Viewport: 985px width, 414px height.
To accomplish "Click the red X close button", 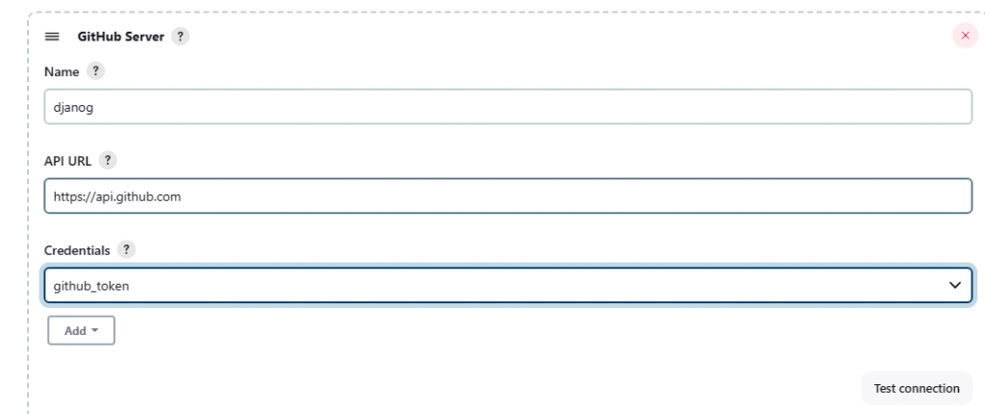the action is tap(965, 36).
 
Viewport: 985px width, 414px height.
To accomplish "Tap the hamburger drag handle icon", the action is tap(52, 37).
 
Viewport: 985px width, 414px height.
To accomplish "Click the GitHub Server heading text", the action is tap(121, 37).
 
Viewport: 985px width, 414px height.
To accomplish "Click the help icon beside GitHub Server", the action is tap(181, 37).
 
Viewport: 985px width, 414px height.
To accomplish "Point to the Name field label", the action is tap(62, 71).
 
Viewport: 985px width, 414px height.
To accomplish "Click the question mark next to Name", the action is tap(95, 71).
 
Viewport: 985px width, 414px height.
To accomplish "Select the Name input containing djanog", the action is tap(508, 107).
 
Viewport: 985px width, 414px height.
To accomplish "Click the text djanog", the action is tap(73, 108).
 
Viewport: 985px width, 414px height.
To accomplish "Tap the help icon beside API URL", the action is tap(108, 160).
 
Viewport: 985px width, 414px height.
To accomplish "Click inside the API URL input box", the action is tap(508, 196).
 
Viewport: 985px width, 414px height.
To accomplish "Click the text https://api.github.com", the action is tap(117, 196).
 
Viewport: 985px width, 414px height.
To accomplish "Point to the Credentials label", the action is tap(76, 248).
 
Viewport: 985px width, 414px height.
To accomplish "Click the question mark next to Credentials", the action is tap(126, 248).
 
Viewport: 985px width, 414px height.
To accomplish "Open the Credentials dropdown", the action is tap(508, 285).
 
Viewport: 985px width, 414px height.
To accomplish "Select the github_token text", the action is tap(91, 285).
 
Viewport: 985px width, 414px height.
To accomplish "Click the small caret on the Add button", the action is tap(96, 331).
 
